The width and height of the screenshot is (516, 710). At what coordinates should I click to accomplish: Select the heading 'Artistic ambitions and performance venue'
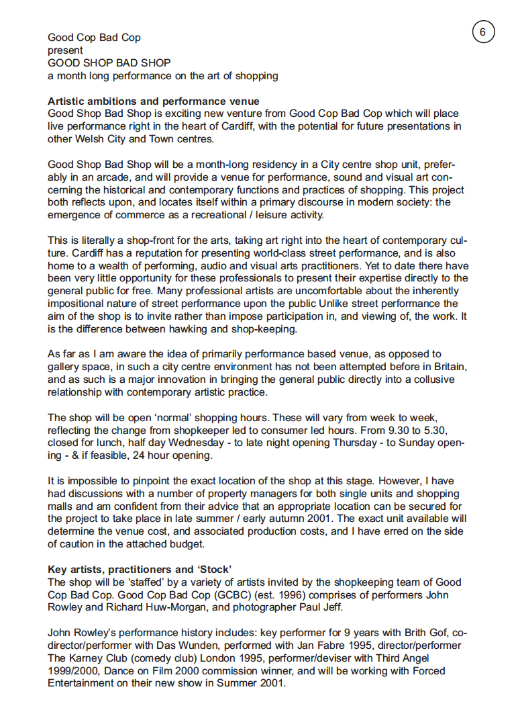tap(154, 101)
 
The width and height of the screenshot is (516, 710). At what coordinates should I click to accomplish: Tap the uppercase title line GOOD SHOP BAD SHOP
tap(109, 63)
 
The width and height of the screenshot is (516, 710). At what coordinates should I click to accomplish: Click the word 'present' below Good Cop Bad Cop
tap(65, 50)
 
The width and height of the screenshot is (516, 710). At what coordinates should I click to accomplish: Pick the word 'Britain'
tap(447, 367)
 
